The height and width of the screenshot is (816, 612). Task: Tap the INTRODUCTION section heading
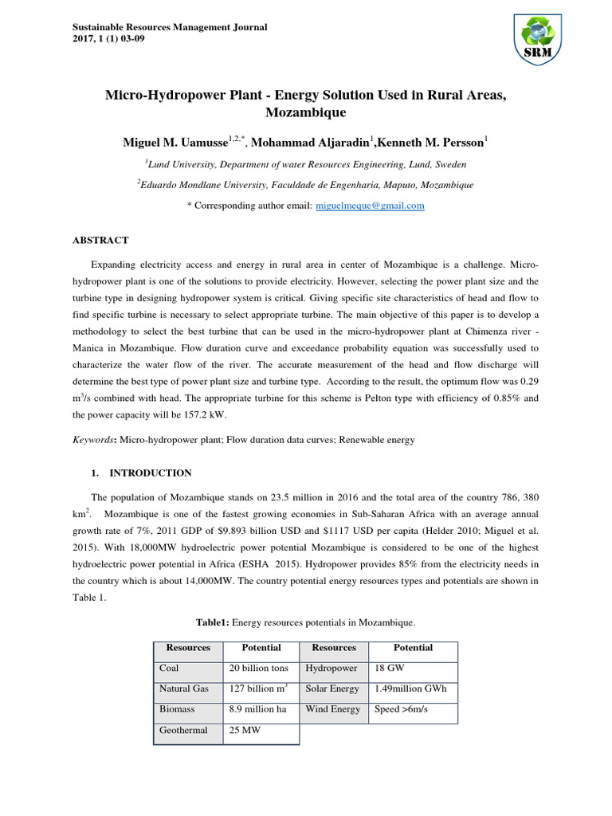click(x=150, y=473)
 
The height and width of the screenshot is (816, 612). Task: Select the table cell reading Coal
click(x=170, y=668)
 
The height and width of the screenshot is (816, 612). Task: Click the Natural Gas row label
click(x=184, y=688)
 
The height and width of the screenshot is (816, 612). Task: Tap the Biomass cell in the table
click(x=177, y=709)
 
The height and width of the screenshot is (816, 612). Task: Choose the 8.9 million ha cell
click(x=257, y=709)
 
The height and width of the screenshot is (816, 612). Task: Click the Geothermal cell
click(x=183, y=730)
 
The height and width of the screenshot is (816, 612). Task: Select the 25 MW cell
click(x=245, y=730)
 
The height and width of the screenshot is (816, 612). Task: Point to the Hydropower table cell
click(x=331, y=668)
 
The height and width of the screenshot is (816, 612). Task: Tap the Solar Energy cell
click(x=333, y=688)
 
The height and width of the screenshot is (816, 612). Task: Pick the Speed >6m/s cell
click(x=403, y=709)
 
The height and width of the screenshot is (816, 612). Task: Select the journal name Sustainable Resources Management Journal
click(x=164, y=27)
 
